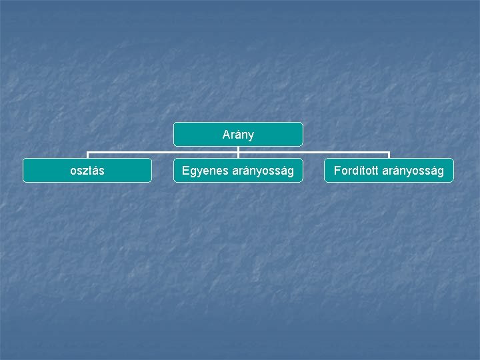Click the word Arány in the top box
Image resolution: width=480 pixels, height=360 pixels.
238,135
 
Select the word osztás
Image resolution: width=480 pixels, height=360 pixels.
87,171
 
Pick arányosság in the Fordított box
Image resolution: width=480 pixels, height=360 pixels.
413,171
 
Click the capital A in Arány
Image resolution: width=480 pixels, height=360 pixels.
226,135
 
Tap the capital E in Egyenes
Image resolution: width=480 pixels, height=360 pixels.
185,171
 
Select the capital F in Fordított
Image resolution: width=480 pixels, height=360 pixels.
337,171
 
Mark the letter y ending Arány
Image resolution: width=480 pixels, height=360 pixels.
251,135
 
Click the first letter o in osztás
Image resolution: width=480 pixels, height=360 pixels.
73,171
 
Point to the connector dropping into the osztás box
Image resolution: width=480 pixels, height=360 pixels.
87,155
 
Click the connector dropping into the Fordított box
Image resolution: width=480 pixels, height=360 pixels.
389,155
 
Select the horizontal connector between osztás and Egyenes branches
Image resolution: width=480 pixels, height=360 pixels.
163,152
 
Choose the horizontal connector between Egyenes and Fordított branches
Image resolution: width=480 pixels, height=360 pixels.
313,152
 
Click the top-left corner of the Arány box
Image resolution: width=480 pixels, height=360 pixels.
175,123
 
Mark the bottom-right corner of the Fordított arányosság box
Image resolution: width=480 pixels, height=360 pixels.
452,181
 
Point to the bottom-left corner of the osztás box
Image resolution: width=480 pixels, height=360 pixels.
24,181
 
